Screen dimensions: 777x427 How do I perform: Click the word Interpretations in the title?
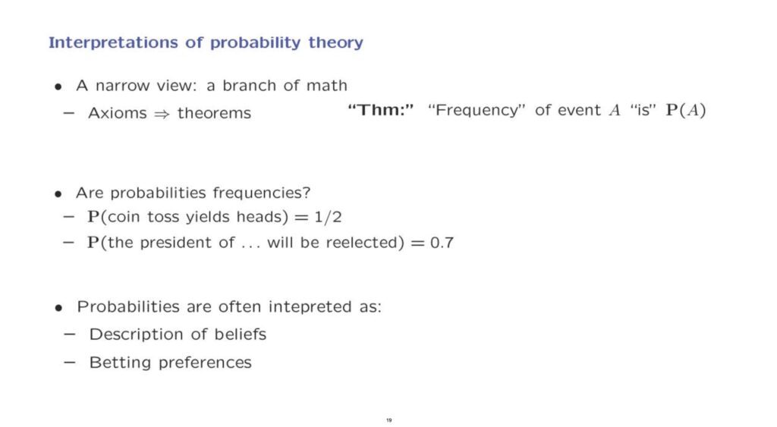pos(113,42)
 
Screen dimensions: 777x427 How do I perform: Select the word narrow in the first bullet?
pos(122,86)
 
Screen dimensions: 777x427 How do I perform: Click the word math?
pos(326,85)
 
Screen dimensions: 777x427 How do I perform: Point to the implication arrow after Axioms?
pos(162,114)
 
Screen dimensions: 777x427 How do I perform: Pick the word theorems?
pos(214,113)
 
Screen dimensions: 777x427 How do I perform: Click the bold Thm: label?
pos(381,109)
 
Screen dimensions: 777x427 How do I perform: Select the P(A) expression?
pos(686,109)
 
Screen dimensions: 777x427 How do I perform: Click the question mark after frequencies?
pos(307,192)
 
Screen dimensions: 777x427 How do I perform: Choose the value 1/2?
pos(328,217)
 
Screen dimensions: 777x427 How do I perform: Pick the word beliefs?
pos(241,334)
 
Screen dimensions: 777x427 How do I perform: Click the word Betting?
pos(120,363)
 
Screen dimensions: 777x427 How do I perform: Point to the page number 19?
pos(389,420)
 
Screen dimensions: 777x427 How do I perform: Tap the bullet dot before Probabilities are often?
pos(58,308)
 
